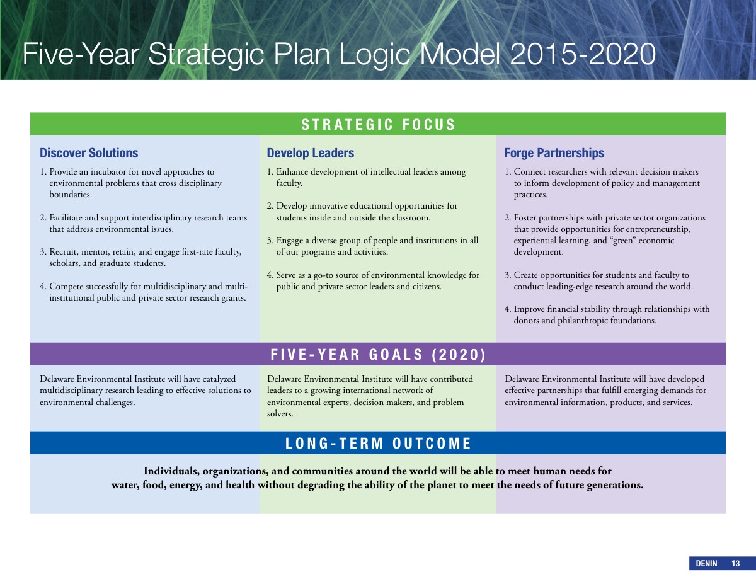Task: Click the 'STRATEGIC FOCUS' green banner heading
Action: coord(378,125)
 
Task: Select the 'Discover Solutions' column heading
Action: coord(89,153)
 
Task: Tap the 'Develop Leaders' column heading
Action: coord(311,153)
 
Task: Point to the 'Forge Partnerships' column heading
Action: coord(554,153)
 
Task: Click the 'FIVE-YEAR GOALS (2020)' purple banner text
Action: coord(378,355)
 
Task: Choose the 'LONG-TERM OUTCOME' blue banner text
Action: coord(378,444)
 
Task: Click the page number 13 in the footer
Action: coord(735,563)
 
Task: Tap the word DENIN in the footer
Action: coord(706,563)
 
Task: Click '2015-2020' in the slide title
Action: coord(583,54)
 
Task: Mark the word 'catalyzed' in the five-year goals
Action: coord(219,379)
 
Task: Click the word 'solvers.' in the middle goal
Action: coord(280,414)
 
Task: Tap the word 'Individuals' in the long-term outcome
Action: coord(171,471)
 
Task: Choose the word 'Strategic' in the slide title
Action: coord(206,55)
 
